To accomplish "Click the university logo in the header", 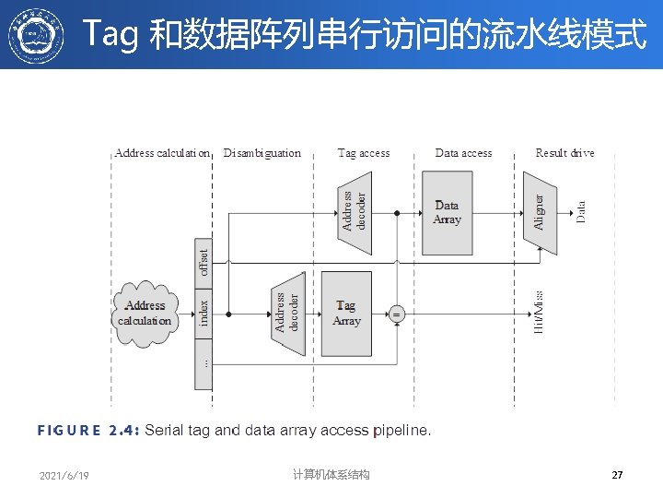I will click(x=37, y=36).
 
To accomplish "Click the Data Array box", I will click(x=447, y=213).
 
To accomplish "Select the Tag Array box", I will click(x=346, y=314).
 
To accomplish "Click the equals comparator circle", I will click(x=397, y=314).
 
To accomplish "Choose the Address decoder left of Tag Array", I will click(x=288, y=313).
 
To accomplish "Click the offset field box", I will click(x=204, y=257).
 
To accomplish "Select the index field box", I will click(x=204, y=312).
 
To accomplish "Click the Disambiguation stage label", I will click(x=262, y=153).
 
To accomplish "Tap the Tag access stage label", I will click(x=364, y=153).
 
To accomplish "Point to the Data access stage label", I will click(x=463, y=153).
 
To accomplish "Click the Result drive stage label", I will click(x=564, y=153).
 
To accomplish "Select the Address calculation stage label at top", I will click(x=162, y=153).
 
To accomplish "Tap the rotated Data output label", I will click(x=581, y=212).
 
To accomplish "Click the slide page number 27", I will click(x=617, y=475).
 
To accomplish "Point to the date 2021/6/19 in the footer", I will click(x=64, y=476).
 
